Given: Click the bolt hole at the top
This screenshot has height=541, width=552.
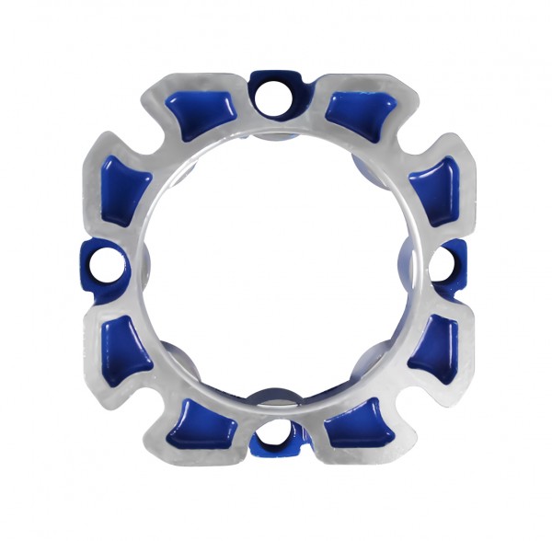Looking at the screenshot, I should click(x=274, y=94).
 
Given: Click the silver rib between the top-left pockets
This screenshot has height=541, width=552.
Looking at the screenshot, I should click(x=158, y=147).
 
